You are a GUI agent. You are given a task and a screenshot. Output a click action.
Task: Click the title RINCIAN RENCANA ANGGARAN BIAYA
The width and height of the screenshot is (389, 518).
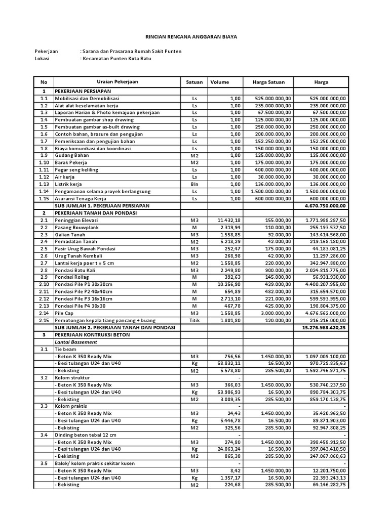(x=191, y=37)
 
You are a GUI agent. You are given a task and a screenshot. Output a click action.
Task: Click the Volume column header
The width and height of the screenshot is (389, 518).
(x=220, y=82)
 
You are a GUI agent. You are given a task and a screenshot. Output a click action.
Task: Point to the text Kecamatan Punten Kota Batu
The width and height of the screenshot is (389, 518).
(x=116, y=59)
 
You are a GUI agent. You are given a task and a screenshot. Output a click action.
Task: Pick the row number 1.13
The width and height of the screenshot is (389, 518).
(x=44, y=185)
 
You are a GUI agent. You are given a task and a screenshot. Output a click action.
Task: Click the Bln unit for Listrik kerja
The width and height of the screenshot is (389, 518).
(x=195, y=185)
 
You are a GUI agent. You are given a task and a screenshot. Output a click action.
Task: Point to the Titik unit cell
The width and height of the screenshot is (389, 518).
(x=195, y=321)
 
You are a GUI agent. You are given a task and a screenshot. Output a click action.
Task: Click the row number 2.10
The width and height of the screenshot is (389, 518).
(x=44, y=285)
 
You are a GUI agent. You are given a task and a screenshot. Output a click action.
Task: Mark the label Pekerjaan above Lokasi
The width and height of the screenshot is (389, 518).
(x=46, y=52)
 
